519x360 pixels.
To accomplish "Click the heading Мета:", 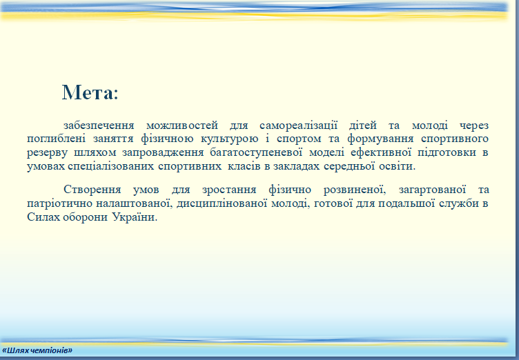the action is [90, 92].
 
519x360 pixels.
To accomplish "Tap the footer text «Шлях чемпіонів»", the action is [37, 350].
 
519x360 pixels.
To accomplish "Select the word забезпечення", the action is [99, 126].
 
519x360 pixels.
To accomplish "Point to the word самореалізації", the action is [299, 126].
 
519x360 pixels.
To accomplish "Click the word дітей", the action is [363, 126].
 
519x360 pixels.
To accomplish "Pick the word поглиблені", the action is [57, 139].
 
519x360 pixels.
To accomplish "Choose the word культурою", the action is [229, 139].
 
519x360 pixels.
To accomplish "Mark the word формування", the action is [381, 139].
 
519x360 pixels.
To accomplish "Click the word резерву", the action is [48, 153].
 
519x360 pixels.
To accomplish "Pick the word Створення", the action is [92, 190].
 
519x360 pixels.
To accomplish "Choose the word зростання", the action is [229, 190].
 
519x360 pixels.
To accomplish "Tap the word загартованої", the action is [432, 190].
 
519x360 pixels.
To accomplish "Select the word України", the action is [135, 217].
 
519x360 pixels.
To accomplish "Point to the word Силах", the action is [43, 217].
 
